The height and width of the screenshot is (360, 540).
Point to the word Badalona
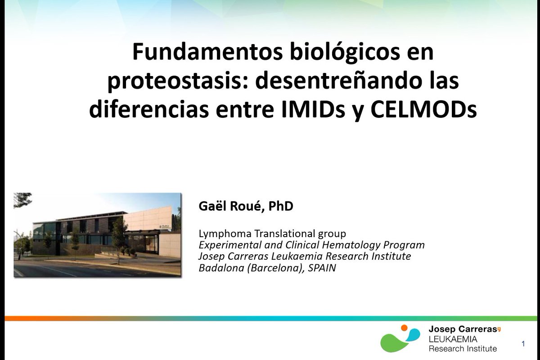point(218,267)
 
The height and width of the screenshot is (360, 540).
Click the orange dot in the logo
point(405,328)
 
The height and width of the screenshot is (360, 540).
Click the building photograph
point(98,235)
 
